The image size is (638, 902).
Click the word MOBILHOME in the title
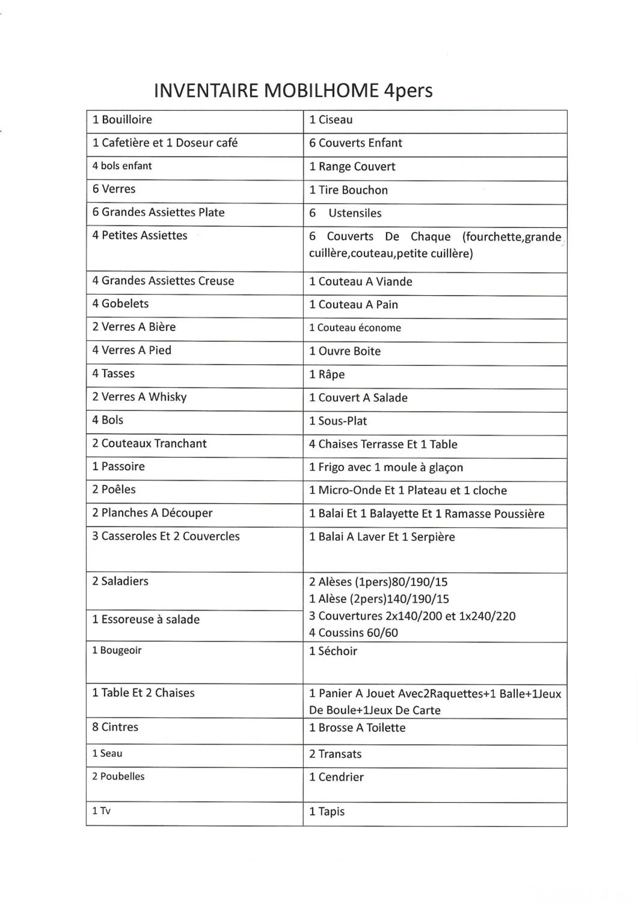pos(321,91)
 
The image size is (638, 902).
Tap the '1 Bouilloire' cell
pos(122,119)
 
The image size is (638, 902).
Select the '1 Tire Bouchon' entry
pos(348,190)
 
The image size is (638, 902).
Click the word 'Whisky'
pos(167,397)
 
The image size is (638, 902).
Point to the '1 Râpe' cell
pos(327,374)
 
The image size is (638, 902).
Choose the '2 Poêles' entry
pos(114,489)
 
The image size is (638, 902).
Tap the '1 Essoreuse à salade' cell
pos(146,620)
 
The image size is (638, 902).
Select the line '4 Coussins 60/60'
pos(353,633)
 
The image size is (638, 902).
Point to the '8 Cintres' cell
pos(115,727)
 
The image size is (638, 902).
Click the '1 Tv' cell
pos(101,811)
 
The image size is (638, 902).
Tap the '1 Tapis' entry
pos(327,811)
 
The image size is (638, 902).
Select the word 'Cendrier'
pos(341,777)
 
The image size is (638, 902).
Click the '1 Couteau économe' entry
pos(355,328)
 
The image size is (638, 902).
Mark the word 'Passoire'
pos(123,466)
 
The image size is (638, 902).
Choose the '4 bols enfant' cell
pos(122,166)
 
